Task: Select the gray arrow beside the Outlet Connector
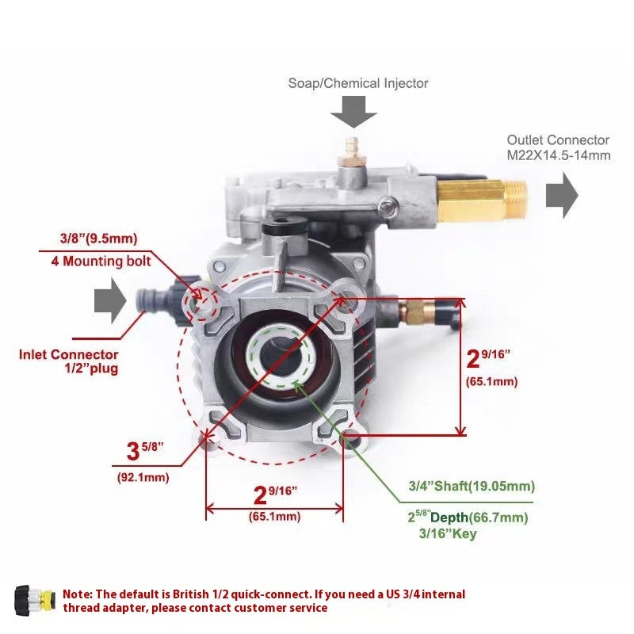pos(562,195)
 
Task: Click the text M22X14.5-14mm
pos(559,155)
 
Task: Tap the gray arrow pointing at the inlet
pos(110,304)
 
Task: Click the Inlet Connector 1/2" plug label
pos(69,361)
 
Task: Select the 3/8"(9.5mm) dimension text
pos(98,239)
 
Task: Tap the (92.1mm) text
pos(143,476)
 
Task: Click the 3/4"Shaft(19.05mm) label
pos(471,486)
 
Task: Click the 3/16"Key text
pos(447,534)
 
